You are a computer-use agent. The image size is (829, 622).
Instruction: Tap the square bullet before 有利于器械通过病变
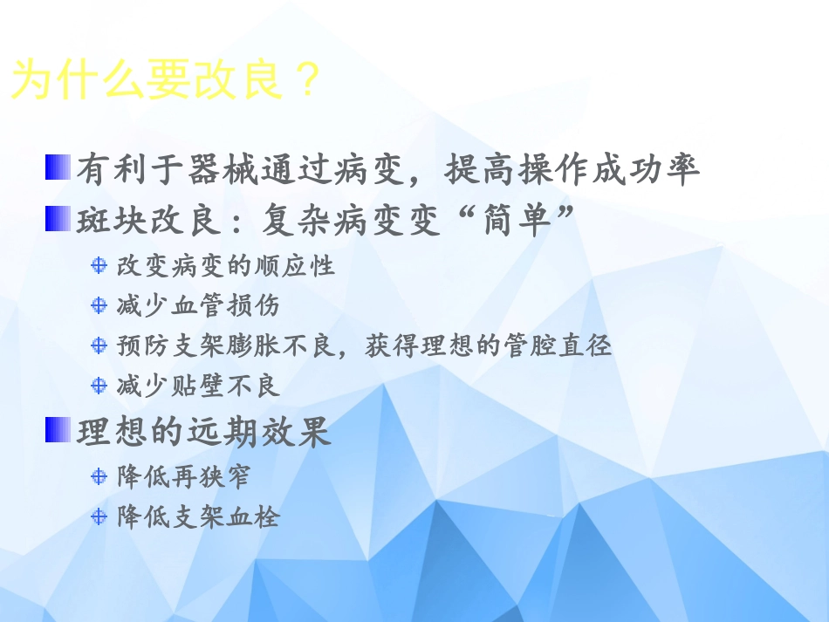[58, 167]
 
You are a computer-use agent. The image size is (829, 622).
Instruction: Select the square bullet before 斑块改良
[58, 218]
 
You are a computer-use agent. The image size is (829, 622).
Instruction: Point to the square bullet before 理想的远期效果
[58, 429]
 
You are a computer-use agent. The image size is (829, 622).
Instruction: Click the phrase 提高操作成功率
[572, 170]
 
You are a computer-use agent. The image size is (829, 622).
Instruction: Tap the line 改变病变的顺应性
[226, 265]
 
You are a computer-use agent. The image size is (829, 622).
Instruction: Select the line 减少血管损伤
[198, 305]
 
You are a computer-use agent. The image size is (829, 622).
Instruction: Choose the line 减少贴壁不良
[198, 385]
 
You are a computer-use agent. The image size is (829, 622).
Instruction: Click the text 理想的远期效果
[204, 432]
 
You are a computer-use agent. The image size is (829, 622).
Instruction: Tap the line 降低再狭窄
[184, 476]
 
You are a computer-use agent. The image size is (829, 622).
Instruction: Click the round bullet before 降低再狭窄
[99, 476]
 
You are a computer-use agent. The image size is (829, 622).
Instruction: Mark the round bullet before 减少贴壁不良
[99, 385]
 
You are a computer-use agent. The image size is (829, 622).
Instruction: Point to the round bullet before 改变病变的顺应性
[99, 265]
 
